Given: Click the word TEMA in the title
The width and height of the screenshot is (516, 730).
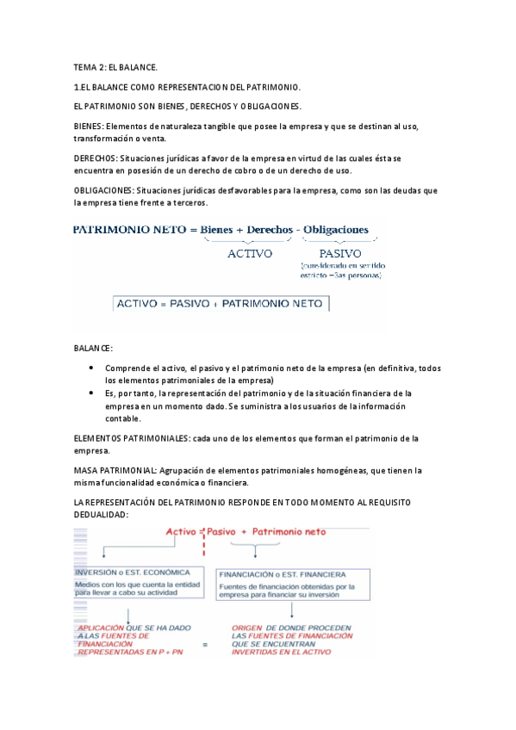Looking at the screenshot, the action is point(84,66).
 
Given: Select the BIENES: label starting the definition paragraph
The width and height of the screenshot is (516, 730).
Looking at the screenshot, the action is point(88,127).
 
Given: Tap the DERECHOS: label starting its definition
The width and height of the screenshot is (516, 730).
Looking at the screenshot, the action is point(96,158).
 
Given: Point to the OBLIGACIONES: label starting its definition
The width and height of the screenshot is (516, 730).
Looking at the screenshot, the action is point(103,190).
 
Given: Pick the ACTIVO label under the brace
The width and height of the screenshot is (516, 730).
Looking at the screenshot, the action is point(250,253).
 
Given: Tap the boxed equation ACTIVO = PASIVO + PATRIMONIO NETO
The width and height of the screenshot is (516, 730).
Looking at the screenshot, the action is point(221,304).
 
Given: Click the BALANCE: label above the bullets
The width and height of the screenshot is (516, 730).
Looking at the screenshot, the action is point(93,347).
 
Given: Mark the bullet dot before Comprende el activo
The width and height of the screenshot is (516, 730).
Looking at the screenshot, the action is point(92,368).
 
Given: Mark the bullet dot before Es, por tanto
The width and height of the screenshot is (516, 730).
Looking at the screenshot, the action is point(92,393).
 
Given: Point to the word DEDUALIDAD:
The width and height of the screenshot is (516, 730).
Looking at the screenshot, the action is point(101,514).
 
